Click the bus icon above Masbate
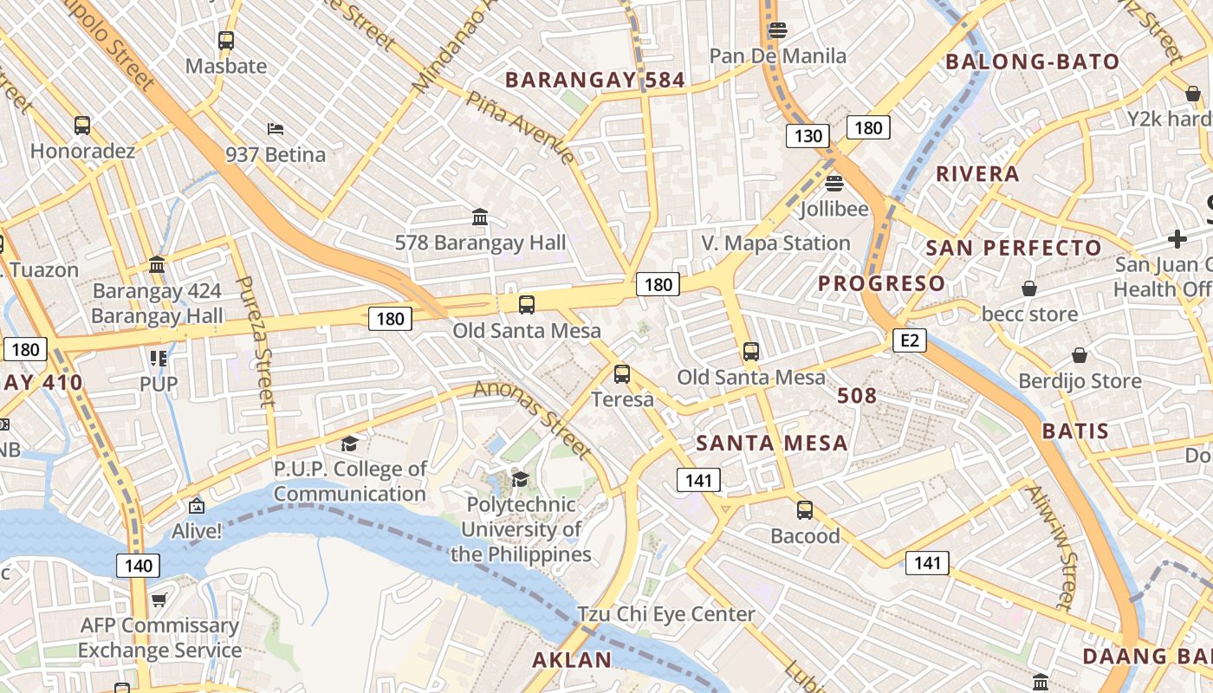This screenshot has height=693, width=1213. [226, 40]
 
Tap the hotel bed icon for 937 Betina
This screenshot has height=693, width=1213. [276, 129]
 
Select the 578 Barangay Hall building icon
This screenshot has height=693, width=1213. [480, 216]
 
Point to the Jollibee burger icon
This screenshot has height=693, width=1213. [834, 183]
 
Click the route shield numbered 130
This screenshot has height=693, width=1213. [808, 136]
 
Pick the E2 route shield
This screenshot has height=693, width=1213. [909, 340]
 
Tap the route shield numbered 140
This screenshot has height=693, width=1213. [138, 567]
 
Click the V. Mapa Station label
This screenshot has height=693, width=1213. [775, 243]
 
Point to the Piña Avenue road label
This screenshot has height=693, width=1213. [520, 126]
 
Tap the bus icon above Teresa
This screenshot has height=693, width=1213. [622, 374]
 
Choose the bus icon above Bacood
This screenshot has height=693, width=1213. [805, 510]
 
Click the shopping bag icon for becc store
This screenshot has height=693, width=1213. [1029, 288]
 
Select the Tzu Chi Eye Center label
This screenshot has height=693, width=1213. [665, 614]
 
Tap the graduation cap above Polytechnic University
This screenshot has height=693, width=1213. [520, 479]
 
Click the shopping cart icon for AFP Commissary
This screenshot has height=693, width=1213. [159, 599]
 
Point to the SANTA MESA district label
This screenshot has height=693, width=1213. [772, 444]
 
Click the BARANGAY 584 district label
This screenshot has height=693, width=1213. [595, 81]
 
